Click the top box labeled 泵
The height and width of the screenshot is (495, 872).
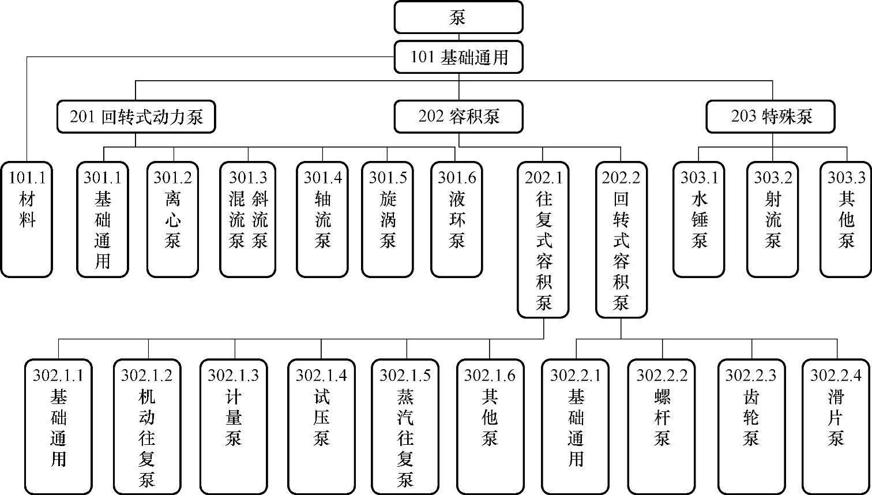click(458, 17)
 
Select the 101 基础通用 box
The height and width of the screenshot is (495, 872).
click(458, 57)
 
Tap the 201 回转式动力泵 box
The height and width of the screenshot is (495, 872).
click(136, 117)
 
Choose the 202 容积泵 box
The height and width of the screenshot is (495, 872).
click(458, 117)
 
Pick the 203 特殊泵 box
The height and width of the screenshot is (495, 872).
click(772, 117)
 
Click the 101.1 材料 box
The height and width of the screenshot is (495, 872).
click(27, 219)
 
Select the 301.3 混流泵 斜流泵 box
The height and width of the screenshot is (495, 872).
click(248, 219)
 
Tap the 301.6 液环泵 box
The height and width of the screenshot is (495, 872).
click(456, 219)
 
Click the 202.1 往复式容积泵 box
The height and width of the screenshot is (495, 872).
click(543, 239)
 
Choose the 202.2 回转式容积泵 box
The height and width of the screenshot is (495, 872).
click(621, 239)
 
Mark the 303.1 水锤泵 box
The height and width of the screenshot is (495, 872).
click(699, 219)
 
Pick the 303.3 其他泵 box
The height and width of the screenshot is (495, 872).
click(846, 219)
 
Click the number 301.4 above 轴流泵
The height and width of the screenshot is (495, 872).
click(322, 178)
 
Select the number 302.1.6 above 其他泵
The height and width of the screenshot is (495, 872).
click(490, 376)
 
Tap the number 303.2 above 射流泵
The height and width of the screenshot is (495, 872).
click(773, 178)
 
